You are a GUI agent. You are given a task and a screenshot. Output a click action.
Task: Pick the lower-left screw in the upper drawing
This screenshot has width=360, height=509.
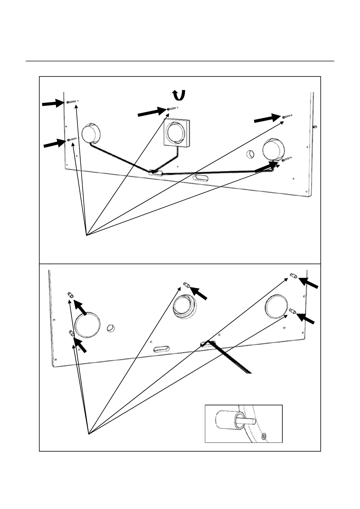click(72, 139)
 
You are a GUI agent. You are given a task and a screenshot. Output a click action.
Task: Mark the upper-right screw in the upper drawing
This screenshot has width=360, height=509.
click(287, 116)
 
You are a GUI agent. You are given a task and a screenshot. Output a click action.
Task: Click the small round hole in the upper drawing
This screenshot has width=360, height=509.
click(251, 154)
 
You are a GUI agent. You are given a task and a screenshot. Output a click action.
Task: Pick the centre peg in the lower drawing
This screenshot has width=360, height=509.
click(186, 284)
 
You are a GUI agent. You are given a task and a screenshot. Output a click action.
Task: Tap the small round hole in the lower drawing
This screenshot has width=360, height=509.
click(111, 328)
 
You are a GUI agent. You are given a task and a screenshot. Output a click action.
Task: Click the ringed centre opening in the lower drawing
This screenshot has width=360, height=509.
click(184, 306)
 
